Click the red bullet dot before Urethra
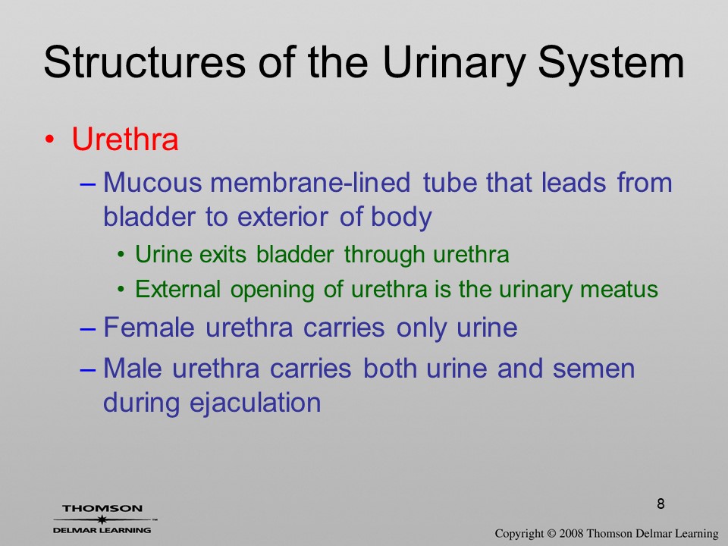[50, 140]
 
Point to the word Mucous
[152, 182]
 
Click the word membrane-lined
[310, 182]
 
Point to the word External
[177, 289]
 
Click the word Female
[149, 327]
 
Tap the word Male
[132, 368]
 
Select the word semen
[593, 369]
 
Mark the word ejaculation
[256, 403]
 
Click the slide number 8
[661, 504]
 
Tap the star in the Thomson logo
[102, 519]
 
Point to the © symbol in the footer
[551, 533]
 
